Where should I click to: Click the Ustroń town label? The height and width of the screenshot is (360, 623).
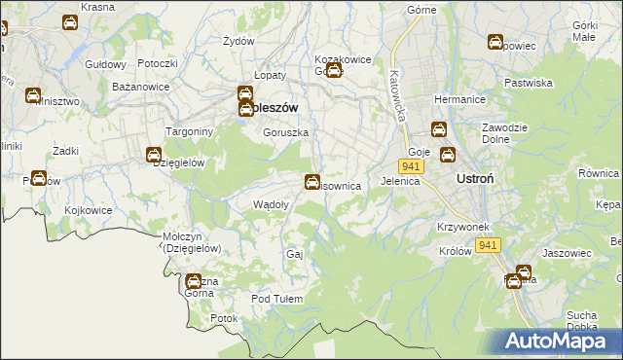point(478,179)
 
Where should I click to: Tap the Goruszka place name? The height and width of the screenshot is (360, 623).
point(286,132)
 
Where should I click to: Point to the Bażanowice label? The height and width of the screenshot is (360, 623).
point(141,87)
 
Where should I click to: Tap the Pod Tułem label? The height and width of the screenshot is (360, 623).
point(279,299)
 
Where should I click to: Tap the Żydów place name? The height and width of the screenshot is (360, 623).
point(238,41)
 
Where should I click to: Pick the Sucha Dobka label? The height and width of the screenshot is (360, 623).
point(581,321)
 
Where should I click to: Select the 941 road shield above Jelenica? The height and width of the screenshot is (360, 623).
point(410,167)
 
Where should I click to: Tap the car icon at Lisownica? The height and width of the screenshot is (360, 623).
point(311,181)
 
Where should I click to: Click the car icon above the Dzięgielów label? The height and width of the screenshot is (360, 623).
point(154,155)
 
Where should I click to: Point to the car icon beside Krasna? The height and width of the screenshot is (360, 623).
point(70,22)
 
